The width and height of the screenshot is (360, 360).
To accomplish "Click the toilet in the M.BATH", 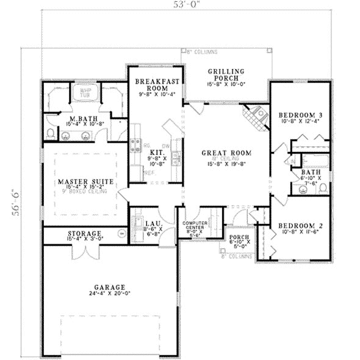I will click(51, 132).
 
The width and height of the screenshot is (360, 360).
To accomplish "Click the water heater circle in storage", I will click(121, 232).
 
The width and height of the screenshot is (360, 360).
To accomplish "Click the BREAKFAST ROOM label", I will click(156, 85).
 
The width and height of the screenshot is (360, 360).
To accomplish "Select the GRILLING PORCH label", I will click(226, 74).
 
